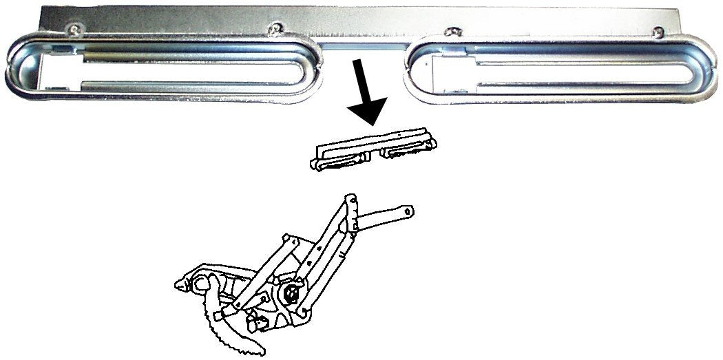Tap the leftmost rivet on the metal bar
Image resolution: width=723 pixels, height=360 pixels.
pyautogui.click(x=73, y=28)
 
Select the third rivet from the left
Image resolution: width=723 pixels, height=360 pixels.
pyautogui.click(x=452, y=32)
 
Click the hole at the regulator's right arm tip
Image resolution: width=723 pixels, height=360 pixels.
pyautogui.click(x=408, y=209)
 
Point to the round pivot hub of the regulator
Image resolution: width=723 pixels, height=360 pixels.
pyautogui.click(x=291, y=295)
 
